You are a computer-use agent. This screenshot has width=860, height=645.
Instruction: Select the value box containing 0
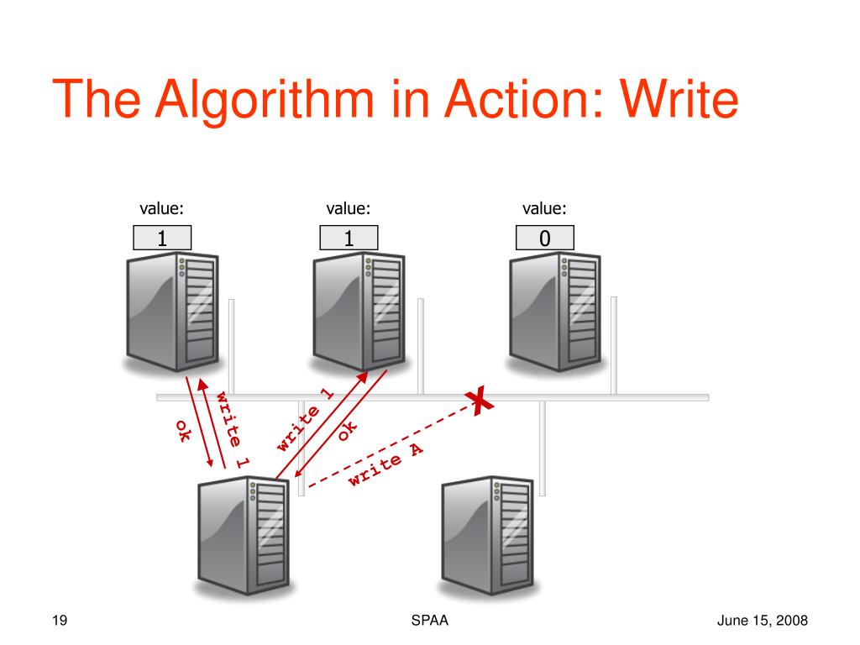point(545,239)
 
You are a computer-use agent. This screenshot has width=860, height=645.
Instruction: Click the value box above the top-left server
point(163,239)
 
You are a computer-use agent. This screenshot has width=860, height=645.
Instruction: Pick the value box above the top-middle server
point(349,239)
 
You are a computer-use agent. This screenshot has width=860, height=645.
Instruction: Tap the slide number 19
point(59,621)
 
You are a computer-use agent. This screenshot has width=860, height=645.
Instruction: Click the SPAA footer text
point(428,621)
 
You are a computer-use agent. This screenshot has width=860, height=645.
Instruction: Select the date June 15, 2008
point(763,621)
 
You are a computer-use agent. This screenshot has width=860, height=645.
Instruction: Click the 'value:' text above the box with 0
point(544,208)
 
